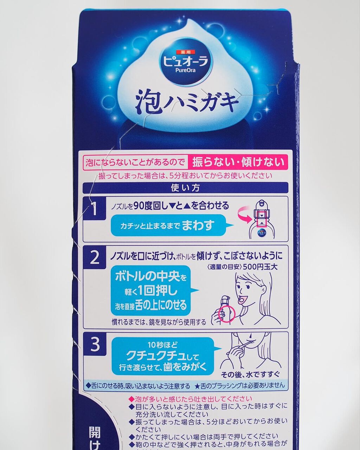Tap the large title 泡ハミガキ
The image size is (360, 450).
pos(187,102)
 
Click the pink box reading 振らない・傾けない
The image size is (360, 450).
pos(238,162)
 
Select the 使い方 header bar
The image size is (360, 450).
pos(185,188)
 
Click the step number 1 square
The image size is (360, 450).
pos(95,209)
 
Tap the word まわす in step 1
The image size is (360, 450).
pos(198,225)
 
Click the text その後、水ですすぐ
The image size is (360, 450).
pos(252,373)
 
